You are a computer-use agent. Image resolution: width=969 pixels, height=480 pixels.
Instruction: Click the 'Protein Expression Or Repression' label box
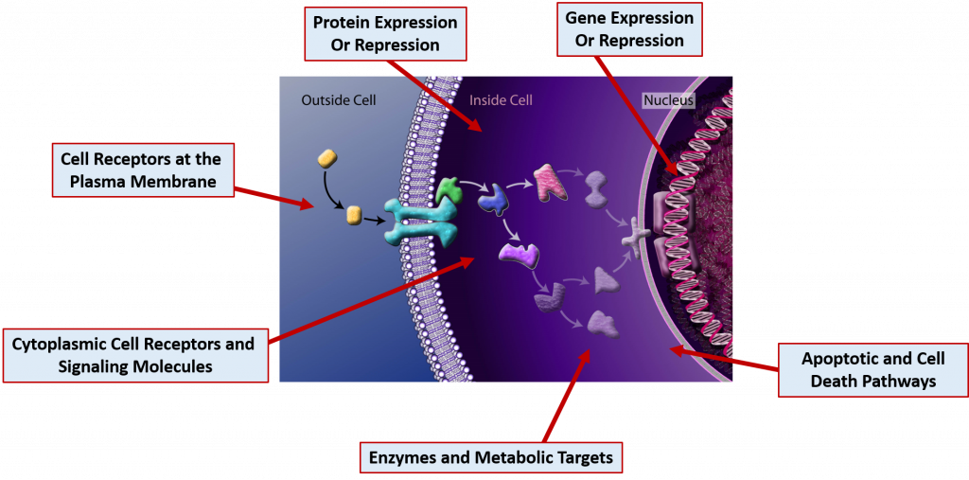point(384,33)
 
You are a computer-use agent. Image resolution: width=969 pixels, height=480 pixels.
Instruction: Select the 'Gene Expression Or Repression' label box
point(629,29)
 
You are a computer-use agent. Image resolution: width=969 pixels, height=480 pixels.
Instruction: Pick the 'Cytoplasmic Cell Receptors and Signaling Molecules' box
point(133,354)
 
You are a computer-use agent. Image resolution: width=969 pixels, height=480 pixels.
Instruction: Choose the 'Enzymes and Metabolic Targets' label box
point(491,458)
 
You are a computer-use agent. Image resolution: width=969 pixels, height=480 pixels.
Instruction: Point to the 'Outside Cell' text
point(339,99)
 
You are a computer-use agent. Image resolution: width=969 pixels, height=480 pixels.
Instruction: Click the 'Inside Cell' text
point(501,99)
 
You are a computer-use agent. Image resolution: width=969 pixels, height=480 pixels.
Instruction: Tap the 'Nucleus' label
point(668,99)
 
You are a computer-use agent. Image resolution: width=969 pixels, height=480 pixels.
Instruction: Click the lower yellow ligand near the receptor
point(354,215)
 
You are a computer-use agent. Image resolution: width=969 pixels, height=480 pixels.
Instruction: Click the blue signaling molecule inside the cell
point(492,197)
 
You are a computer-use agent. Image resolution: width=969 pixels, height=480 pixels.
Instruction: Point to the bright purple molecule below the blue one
point(519,254)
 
